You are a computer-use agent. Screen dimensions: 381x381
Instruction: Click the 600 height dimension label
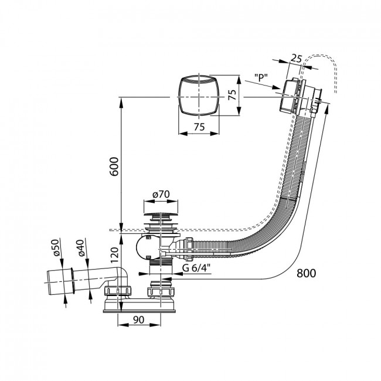114,166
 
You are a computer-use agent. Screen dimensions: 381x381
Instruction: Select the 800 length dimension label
306,273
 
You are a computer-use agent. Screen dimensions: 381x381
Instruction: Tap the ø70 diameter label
161,195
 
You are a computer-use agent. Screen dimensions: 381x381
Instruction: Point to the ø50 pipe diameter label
55,247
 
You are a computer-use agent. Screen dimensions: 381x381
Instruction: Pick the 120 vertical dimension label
114,255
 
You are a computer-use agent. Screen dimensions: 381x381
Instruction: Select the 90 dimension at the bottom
138,320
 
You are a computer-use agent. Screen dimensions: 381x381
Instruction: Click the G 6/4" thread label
196,268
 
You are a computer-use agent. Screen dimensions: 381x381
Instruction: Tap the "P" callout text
261,77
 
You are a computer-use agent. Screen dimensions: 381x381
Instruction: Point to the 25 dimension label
296,58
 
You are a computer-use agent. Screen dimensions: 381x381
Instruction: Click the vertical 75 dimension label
233,95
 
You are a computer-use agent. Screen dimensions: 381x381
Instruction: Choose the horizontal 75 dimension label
199,127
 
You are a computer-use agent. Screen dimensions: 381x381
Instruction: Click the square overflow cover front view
199,97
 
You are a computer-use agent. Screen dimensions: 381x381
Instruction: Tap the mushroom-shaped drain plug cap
161,215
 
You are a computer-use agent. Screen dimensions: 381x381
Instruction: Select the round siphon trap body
146,247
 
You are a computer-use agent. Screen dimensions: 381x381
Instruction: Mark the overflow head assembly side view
301,97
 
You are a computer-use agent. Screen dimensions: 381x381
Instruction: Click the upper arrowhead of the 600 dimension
121,101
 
